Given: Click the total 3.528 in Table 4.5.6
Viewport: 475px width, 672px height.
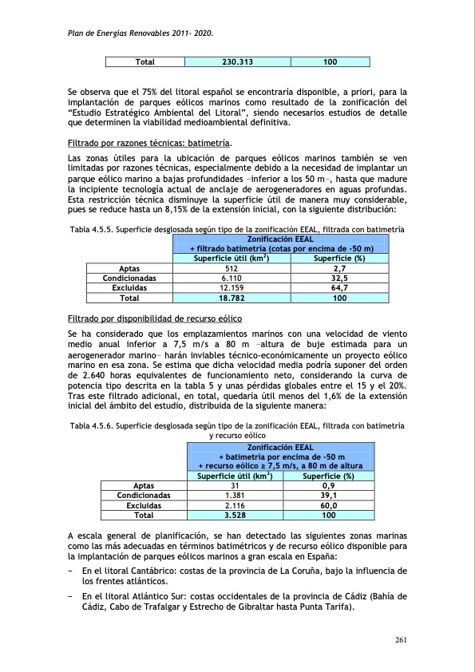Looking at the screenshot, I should click(x=235, y=515).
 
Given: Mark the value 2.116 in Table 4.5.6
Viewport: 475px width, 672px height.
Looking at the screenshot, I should click(x=235, y=505).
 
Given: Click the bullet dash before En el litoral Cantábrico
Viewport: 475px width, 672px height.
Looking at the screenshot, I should click(x=72, y=571).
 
